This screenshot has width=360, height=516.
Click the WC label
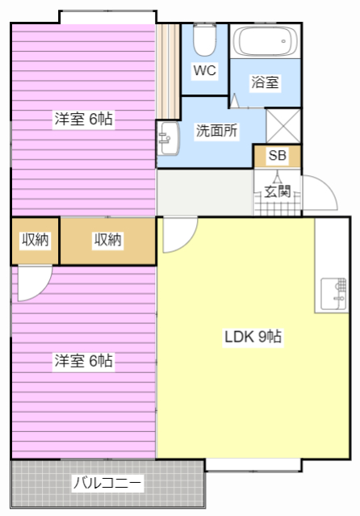tap(204, 70)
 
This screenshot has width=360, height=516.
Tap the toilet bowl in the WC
tap(204, 40)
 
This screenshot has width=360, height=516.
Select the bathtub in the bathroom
tap(266, 41)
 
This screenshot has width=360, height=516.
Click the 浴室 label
tap(265, 82)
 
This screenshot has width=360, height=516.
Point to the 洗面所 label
tap(216, 131)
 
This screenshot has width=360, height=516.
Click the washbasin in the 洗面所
tap(168, 138)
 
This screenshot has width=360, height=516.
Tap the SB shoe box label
tap(277, 155)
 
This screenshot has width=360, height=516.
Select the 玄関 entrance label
tap(278, 191)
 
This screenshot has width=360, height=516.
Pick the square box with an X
tap(283, 126)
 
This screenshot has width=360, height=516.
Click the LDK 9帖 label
tap(253, 336)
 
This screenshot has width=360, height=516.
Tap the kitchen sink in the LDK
tap(333, 294)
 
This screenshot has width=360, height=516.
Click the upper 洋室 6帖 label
tap(84, 119)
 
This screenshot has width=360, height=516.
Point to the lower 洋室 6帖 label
tap(84, 361)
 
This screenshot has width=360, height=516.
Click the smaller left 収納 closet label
tap(36, 240)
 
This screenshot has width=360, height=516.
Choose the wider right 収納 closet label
tap(107, 240)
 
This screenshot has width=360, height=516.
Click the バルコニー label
tap(107, 483)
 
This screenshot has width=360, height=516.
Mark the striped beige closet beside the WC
tap(168, 71)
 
